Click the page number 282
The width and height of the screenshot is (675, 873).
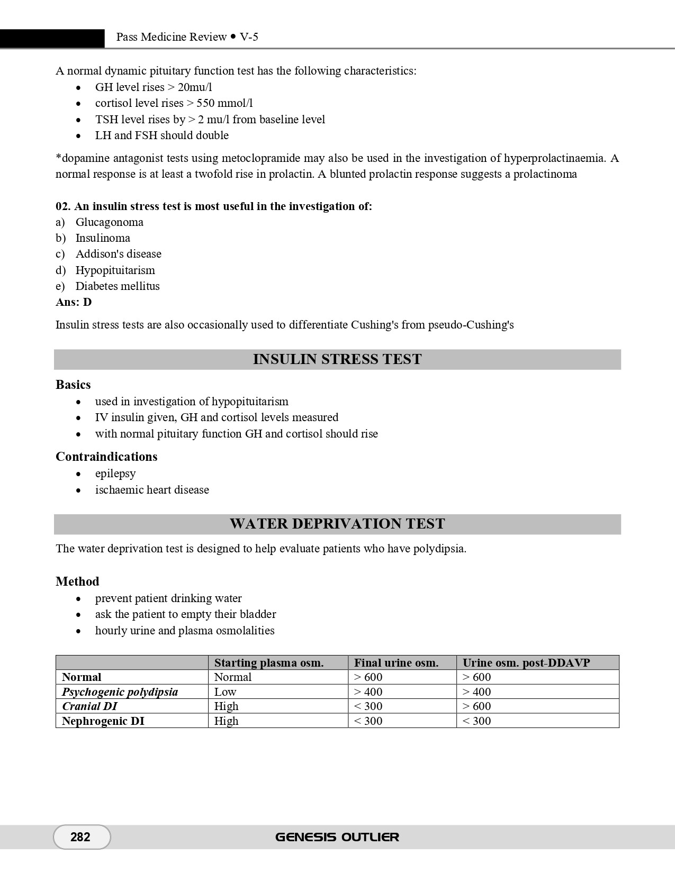[x=80, y=837]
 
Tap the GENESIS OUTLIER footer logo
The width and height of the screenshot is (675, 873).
[x=337, y=837]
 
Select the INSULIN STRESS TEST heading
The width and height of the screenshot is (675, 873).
[x=337, y=359]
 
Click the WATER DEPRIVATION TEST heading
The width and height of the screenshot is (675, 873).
[x=337, y=524]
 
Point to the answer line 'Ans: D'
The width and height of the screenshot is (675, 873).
[x=74, y=302]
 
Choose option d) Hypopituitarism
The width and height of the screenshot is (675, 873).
[x=115, y=270]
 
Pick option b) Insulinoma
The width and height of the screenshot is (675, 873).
[x=102, y=238]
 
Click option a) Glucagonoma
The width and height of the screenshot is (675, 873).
[x=109, y=222]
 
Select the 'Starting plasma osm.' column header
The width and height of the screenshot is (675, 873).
[x=268, y=663]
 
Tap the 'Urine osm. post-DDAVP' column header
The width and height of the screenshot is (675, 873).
[x=526, y=663]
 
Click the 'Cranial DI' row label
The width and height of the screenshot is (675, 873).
[x=89, y=706]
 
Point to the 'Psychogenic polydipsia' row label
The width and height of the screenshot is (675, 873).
[x=120, y=692]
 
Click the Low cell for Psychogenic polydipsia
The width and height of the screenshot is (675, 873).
[x=225, y=692]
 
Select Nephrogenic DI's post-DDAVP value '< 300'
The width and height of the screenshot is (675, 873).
[x=476, y=721]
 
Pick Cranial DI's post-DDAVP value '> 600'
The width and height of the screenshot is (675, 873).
[x=476, y=706]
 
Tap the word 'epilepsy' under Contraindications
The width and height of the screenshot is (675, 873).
[x=115, y=474]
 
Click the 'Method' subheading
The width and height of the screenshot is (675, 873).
[x=77, y=581]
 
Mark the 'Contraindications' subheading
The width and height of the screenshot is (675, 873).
[x=106, y=457]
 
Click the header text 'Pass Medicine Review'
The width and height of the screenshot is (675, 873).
[x=171, y=37]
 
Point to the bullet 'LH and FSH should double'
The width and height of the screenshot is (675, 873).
[x=161, y=135]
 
